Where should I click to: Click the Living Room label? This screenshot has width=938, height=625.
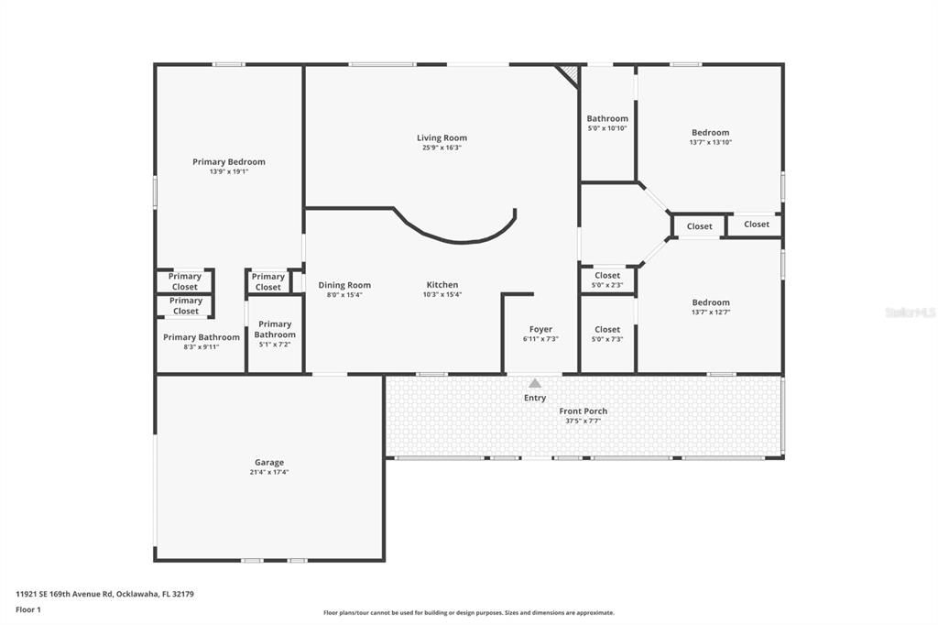[442, 138]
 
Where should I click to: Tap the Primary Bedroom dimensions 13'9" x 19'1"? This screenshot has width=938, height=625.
[228, 171]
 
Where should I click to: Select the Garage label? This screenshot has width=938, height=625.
[268, 463]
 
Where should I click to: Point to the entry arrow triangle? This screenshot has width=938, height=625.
[535, 383]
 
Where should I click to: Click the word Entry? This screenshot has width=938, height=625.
[535, 398]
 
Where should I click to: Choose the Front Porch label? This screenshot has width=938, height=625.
[583, 411]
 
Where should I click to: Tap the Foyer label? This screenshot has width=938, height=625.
[540, 329]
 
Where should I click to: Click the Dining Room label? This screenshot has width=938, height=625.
[344, 285]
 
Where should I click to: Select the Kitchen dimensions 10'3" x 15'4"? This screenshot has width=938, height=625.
[442, 294]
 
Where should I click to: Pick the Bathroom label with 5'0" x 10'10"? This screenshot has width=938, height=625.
[607, 118]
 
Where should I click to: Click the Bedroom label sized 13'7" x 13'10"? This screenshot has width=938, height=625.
[710, 133]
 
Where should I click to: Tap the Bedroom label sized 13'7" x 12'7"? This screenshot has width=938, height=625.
[710, 302]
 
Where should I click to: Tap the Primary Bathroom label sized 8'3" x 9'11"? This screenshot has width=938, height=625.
[201, 337]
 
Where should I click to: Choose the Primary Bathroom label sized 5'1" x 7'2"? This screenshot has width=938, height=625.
[275, 329]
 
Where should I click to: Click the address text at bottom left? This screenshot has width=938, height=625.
[104, 594]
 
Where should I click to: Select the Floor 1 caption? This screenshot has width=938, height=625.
[28, 609]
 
